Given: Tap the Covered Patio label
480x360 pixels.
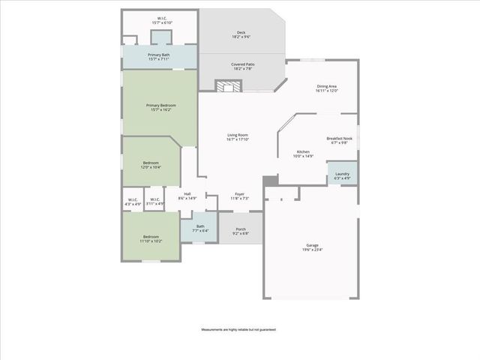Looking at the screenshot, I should (241, 67).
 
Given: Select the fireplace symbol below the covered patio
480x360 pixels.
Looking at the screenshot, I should (227, 85).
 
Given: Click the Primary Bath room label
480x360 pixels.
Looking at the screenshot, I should (159, 57).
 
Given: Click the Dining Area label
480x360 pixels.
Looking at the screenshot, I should (327, 88).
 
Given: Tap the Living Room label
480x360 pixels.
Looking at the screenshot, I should (238, 137).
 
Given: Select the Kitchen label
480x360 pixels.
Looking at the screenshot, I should (303, 154).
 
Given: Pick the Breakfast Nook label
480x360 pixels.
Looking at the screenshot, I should (339, 140).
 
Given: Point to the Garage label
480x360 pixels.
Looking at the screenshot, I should (311, 248).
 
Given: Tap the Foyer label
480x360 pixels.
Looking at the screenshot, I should (239, 196).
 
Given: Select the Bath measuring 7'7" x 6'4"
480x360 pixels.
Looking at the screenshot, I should (199, 229).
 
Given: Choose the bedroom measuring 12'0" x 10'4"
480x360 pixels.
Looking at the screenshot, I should (151, 165).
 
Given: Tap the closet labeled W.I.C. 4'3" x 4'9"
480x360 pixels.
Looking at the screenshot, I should (132, 201).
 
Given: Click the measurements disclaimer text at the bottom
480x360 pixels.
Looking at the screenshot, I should (238, 329).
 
